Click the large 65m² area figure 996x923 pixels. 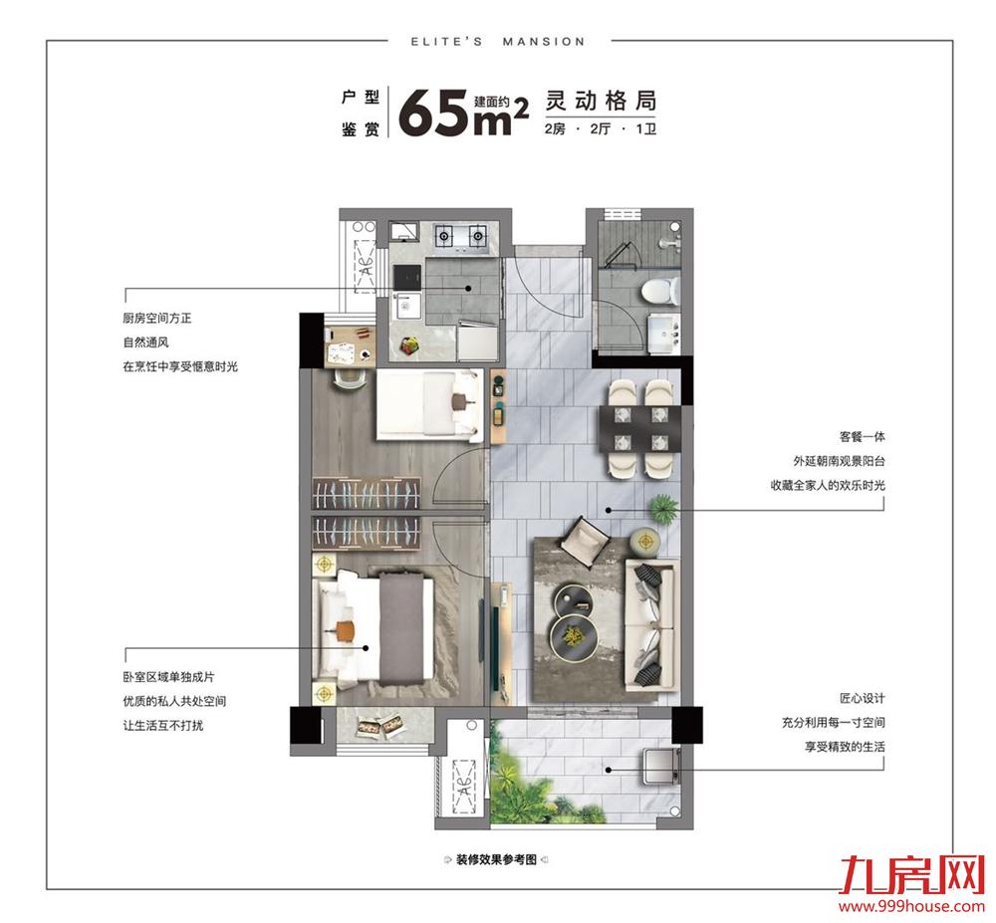coord(464,113)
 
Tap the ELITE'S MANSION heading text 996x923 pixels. coord(498,42)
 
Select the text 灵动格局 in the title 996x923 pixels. coord(601,101)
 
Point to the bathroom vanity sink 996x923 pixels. coord(663,333)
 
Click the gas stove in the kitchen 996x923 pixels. coord(461,237)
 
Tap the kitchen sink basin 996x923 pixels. coord(406,308)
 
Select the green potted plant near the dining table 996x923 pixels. coord(662,508)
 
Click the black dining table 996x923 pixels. coord(640,427)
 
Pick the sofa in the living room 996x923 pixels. coord(649,625)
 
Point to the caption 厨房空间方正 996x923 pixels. coord(157,318)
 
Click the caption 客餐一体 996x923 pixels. coord(862,437)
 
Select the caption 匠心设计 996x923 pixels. coord(862,698)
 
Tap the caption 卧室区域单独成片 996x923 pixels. coord(168,677)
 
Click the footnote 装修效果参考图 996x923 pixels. coord(496,860)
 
